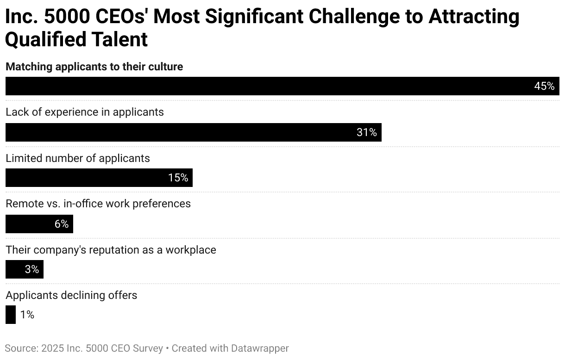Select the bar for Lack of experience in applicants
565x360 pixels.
click(185, 132)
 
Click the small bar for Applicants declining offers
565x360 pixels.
click(10, 315)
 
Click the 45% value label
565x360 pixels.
click(544, 86)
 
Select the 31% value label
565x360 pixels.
click(367, 132)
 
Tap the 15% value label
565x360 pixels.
click(178, 178)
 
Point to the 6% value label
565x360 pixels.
click(62, 224)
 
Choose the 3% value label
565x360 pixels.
click(32, 269)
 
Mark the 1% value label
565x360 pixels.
click(27, 315)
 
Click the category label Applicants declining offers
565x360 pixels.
click(71, 295)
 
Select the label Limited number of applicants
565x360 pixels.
click(78, 158)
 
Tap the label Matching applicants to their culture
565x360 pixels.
click(94, 67)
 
